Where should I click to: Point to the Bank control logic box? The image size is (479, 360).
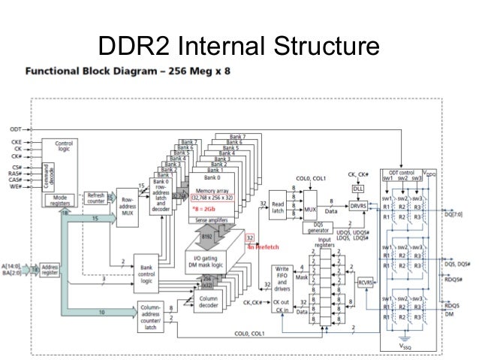click(x=146, y=268)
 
